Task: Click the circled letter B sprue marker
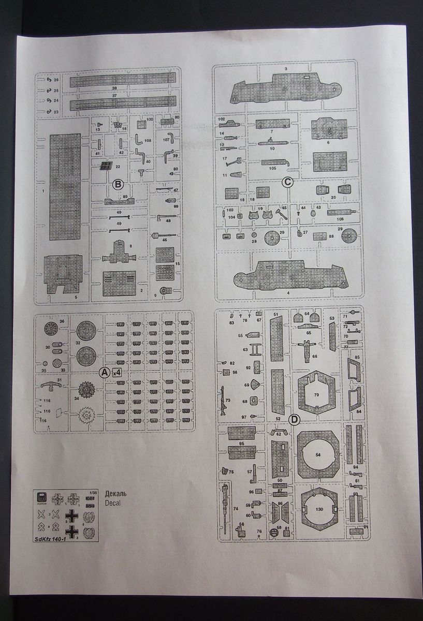117,184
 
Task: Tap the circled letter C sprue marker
287,182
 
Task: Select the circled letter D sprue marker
293,419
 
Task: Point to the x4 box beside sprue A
116,372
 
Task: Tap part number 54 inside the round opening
318,454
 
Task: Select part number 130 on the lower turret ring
319,509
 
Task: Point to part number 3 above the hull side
285,69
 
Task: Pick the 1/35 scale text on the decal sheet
93,492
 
